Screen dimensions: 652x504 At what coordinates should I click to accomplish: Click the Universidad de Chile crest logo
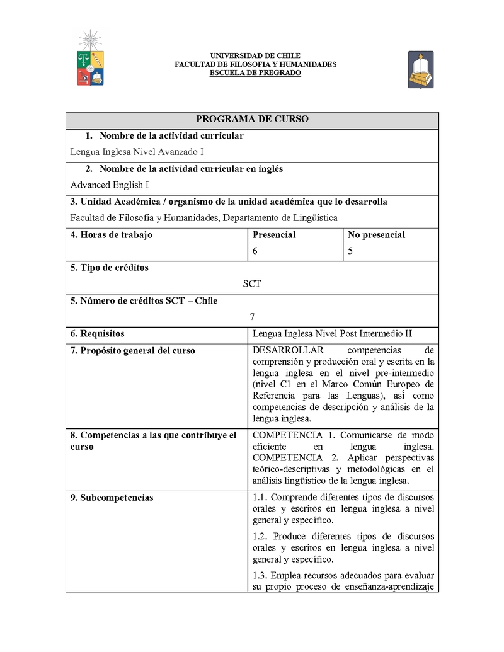coord(90,60)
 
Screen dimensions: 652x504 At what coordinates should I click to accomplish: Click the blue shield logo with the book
coord(420,69)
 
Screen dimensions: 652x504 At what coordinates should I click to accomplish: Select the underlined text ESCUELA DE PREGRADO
coord(255,73)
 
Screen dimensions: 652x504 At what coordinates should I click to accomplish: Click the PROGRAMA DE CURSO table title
coord(252,119)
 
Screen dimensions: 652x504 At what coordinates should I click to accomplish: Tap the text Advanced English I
coord(110,185)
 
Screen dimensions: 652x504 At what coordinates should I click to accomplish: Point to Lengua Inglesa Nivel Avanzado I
coord(137,152)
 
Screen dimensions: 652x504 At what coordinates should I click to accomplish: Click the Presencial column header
coord(274,235)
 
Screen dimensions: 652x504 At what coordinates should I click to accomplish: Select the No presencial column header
coord(376,235)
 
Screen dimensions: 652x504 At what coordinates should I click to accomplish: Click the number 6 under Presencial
coord(255,251)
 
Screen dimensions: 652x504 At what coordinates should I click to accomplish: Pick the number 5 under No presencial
coord(350,251)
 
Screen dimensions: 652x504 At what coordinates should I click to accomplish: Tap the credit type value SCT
coord(252,284)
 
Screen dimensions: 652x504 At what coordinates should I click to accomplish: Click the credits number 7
coord(252,317)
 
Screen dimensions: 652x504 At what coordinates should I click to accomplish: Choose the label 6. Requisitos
coord(97,334)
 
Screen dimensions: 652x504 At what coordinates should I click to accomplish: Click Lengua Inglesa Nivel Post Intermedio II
coord(332,334)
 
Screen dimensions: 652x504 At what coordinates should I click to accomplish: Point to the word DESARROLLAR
coord(288,351)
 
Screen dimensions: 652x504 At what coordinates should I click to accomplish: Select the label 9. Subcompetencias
coord(112,498)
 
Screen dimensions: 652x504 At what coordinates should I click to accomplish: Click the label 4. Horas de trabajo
coord(112,235)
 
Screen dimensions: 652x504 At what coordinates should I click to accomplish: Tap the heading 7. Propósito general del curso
coord(132,351)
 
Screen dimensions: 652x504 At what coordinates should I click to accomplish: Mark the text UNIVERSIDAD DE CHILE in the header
coord(255,56)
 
